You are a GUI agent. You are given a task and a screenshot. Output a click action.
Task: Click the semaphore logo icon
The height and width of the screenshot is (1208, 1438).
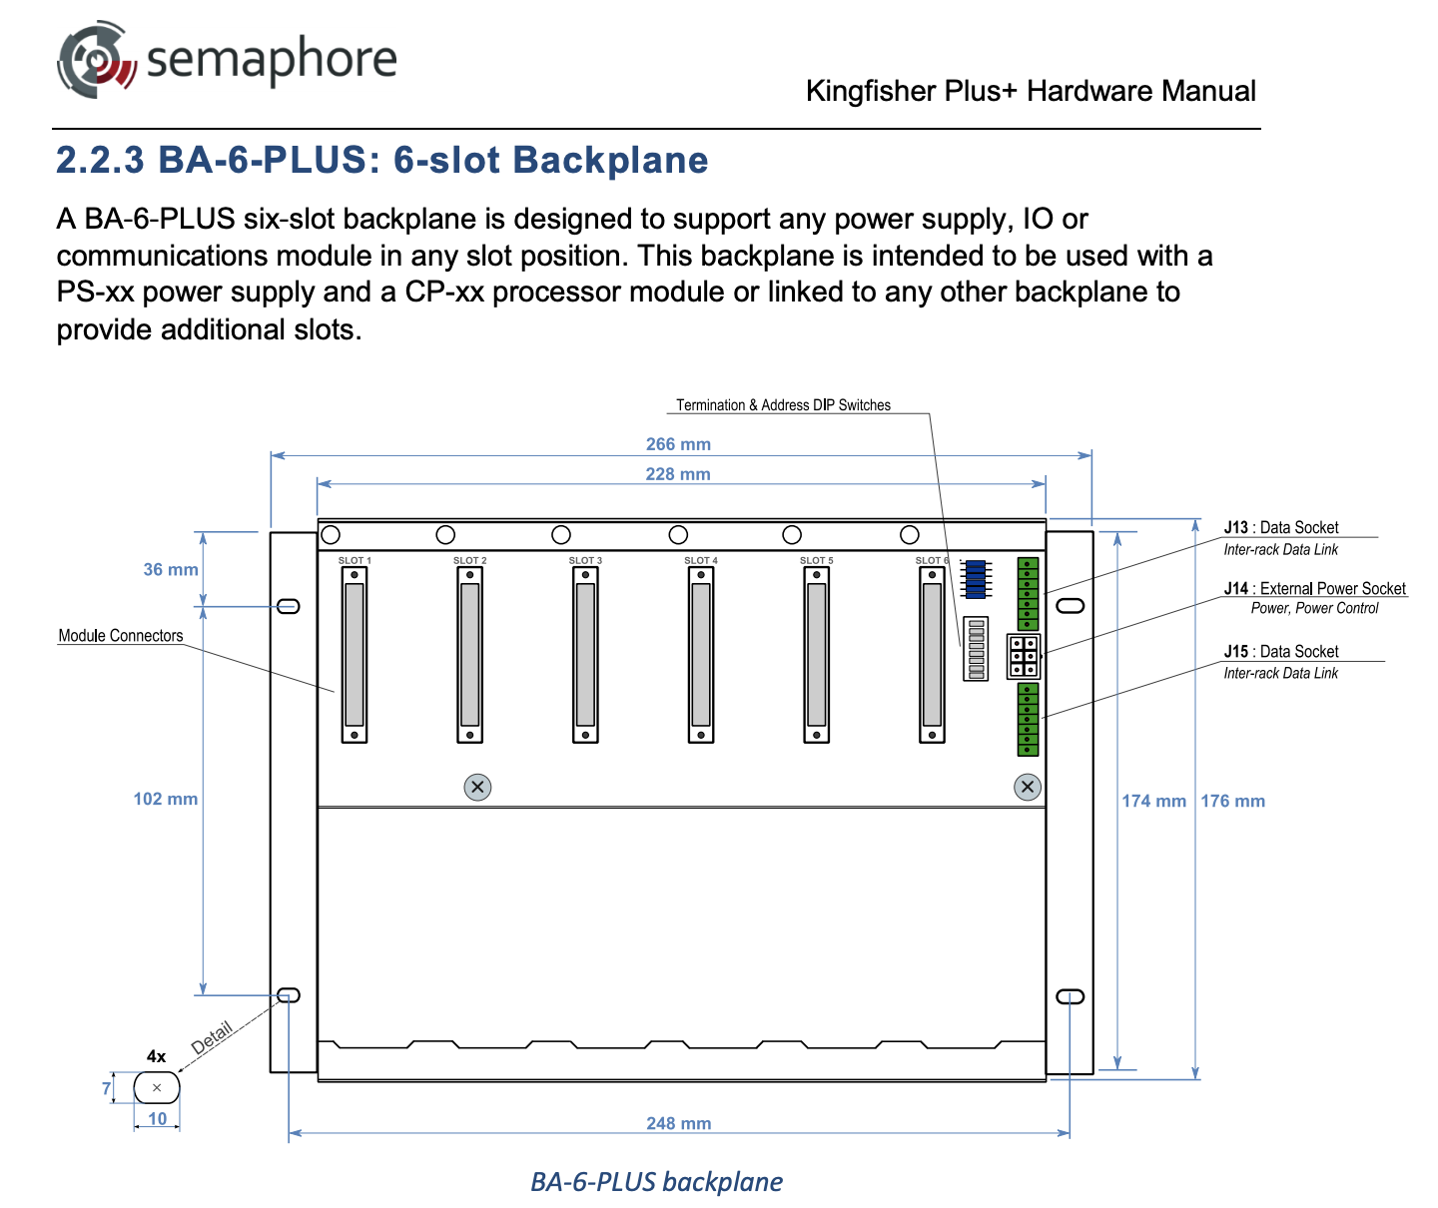tap(95, 60)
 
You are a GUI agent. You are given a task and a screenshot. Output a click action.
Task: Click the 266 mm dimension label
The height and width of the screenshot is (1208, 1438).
tap(678, 444)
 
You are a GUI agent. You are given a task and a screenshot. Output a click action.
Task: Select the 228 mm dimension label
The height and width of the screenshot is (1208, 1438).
tap(678, 474)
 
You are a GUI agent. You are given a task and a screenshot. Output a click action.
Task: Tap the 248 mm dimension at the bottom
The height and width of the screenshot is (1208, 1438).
tap(678, 1123)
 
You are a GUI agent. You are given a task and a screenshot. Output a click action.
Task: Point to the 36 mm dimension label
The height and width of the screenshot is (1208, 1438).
tap(171, 570)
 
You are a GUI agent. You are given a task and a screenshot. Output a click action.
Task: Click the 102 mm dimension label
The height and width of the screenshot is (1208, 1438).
tap(166, 799)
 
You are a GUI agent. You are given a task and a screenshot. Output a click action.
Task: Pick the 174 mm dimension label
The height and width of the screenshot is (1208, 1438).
tap(1153, 801)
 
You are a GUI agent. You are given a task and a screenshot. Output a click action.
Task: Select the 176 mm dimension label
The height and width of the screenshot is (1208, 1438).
tap(1232, 801)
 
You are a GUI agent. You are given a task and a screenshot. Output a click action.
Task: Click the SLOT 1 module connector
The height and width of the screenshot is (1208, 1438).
tap(355, 655)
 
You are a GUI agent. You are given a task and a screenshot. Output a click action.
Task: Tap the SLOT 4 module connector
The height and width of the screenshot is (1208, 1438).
tap(701, 655)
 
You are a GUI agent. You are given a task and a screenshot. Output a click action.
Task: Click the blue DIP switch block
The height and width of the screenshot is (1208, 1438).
tap(975, 579)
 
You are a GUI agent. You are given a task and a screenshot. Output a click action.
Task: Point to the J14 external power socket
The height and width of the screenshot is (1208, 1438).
tap(1024, 657)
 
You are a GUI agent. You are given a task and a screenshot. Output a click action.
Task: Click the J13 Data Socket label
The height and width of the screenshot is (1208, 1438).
tap(1281, 528)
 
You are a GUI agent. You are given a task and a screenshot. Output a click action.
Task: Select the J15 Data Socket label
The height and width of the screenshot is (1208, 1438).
tap(1281, 652)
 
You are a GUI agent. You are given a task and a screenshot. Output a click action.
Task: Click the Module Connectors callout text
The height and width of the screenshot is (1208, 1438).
tap(121, 636)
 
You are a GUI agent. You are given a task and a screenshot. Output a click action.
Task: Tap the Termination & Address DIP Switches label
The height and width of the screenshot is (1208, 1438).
tap(783, 405)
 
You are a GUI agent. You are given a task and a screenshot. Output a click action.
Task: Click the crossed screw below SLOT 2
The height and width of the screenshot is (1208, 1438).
tap(477, 787)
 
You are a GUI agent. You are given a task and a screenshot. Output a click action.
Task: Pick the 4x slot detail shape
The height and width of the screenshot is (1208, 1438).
tap(157, 1087)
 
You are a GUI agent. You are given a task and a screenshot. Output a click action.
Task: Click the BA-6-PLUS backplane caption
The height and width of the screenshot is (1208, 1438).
tap(656, 1182)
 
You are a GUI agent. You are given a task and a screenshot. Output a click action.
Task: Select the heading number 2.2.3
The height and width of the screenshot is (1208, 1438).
tap(100, 161)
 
